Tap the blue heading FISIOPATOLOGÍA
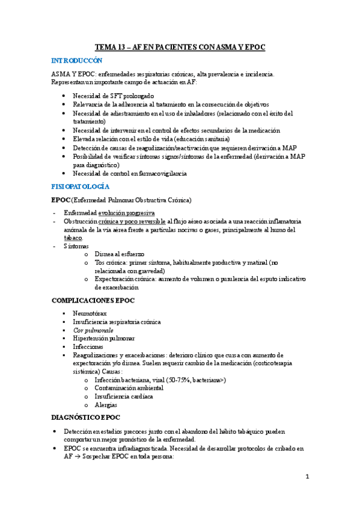pyautogui.click(x=81, y=187)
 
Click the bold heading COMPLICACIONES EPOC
pyautogui.click(x=93, y=300)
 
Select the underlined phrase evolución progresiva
pyautogui.click(x=126, y=213)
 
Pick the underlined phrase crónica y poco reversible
pyautogui.click(x=132, y=221)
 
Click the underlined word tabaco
pyautogui.click(x=73, y=238)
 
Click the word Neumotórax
pyautogui.click(x=91, y=313)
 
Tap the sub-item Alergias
pyautogui.click(x=106, y=405)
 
